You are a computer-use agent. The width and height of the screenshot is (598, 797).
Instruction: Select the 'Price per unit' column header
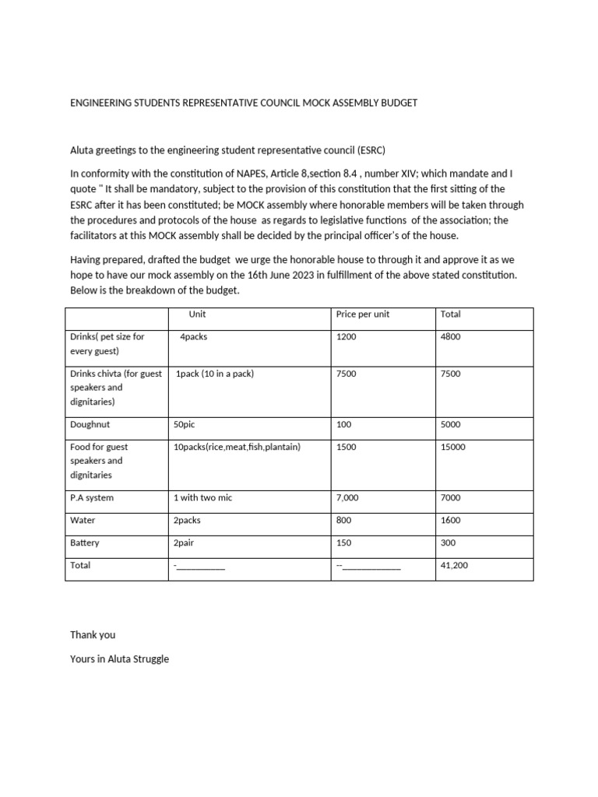[363, 314]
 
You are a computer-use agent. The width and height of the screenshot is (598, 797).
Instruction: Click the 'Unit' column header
[197, 314]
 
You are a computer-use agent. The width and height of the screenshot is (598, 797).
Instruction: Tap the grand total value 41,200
[454, 566]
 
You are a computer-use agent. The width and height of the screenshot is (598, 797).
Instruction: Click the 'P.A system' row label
[92, 498]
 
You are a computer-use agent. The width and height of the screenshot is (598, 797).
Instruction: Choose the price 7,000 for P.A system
[349, 498]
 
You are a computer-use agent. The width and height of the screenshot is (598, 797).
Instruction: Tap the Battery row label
[85, 543]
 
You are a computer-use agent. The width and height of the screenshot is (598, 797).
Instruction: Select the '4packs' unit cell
[193, 338]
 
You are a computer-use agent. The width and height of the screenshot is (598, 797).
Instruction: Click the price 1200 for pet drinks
[346, 338]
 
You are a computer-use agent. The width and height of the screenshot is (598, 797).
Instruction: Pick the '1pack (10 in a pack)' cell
[215, 374]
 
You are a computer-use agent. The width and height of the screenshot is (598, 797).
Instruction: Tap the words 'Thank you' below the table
[93, 635]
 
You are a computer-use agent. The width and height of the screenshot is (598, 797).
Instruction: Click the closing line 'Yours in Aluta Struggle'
[119, 659]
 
